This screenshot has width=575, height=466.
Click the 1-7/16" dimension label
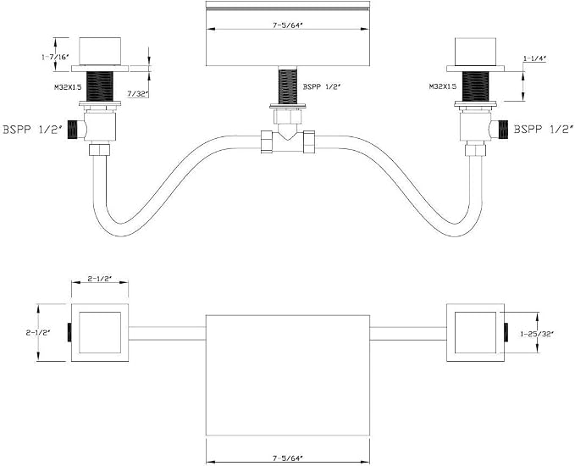[x=55, y=57]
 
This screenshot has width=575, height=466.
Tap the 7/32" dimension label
[x=138, y=94]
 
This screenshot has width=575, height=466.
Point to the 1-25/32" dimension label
[x=537, y=334]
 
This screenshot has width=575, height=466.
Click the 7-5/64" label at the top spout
[x=288, y=25]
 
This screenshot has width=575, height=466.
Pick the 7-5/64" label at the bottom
[x=288, y=458]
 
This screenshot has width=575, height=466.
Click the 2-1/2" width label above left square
[x=100, y=279]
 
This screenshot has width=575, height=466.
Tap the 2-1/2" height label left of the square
[x=38, y=333]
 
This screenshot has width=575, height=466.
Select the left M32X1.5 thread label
[x=68, y=87]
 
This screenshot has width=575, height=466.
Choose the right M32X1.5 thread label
[x=443, y=86]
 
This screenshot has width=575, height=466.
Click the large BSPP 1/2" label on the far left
[x=31, y=130]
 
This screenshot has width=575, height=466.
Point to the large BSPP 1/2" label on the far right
[x=544, y=130]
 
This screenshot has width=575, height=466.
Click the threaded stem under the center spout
[x=288, y=86]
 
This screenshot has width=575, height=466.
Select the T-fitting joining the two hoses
[x=288, y=141]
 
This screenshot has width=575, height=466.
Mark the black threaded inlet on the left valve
[x=74, y=130]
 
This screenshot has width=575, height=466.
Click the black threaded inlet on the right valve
[x=503, y=130]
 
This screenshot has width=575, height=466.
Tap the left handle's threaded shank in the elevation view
[x=100, y=86]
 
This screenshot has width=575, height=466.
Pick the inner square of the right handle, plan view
[x=475, y=332]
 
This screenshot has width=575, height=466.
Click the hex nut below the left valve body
[x=100, y=150]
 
